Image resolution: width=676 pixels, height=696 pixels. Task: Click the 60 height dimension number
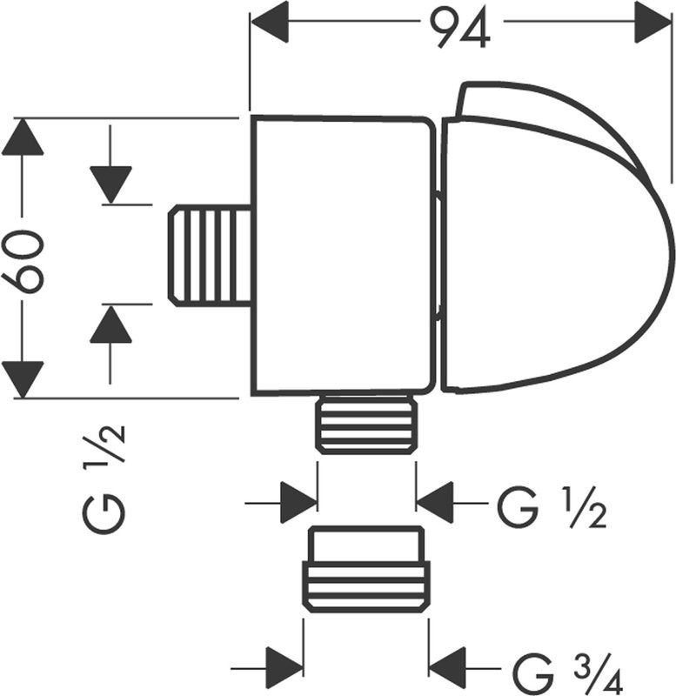[23, 259]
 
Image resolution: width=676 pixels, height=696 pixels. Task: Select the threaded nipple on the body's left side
[209, 255]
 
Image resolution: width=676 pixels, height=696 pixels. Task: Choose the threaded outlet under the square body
[365, 424]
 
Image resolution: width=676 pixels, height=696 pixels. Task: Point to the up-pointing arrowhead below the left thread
[110, 325]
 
